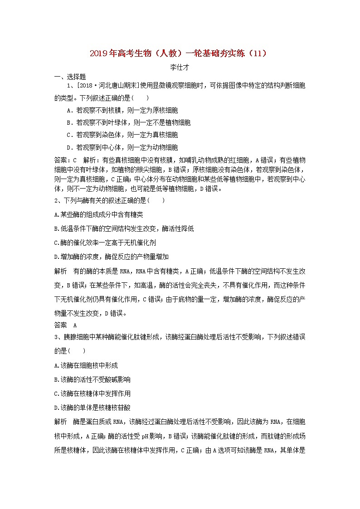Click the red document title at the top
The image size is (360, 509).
[180, 53]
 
